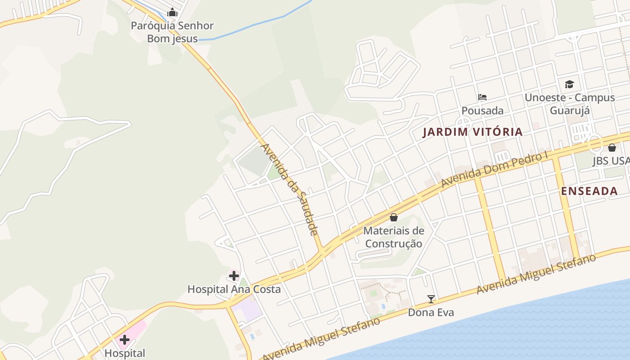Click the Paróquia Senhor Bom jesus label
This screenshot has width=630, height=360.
(172, 32)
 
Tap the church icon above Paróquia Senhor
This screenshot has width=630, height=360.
(172, 13)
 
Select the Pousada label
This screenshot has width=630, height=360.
(482, 111)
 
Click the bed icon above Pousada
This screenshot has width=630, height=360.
(482, 97)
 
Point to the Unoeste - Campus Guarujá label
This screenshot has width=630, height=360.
(570, 104)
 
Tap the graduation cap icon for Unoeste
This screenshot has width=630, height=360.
(569, 84)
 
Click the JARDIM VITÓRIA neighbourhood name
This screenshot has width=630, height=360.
(473, 132)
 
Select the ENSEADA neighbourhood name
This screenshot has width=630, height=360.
(589, 191)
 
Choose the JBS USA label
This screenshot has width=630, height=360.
(611, 161)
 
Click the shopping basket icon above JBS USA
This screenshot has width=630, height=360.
(612, 147)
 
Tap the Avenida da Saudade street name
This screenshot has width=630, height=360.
(290, 189)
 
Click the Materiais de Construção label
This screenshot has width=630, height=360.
(394, 237)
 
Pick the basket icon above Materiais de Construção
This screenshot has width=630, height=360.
(394, 218)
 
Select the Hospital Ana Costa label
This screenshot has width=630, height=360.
(234, 289)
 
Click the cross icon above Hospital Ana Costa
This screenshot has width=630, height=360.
(234, 275)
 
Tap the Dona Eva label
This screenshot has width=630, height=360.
(431, 312)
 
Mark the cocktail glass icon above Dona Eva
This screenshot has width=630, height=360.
(431, 299)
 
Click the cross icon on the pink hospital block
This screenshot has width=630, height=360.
(125, 339)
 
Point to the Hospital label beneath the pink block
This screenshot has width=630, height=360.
(125, 353)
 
